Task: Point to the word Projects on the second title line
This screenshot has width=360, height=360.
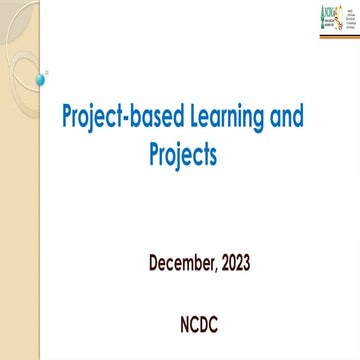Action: point(179,155)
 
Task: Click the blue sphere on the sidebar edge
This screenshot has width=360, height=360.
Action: point(40,78)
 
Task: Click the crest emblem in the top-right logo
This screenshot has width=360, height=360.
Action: point(337,13)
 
